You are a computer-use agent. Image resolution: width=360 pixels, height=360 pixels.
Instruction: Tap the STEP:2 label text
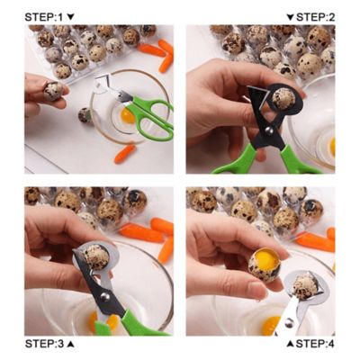[316, 17]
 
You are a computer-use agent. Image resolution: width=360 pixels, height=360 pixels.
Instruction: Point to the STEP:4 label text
[316, 344]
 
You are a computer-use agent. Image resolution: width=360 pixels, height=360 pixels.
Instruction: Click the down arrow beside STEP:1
[71, 17]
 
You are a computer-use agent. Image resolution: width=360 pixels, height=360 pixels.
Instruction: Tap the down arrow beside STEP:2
[290, 17]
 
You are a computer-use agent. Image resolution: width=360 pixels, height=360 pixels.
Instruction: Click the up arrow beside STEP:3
[71, 344]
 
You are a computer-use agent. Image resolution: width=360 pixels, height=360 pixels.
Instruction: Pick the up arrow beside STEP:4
[290, 344]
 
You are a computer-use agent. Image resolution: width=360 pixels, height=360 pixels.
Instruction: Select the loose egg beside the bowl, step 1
[84, 115]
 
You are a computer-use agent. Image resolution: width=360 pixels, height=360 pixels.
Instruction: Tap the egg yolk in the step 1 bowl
[129, 115]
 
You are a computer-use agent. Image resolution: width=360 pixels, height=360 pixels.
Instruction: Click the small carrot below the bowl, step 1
[124, 153]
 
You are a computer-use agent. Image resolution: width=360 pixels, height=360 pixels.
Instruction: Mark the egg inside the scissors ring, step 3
[95, 256]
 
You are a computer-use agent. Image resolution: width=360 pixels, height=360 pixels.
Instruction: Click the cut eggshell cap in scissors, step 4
[303, 286]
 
